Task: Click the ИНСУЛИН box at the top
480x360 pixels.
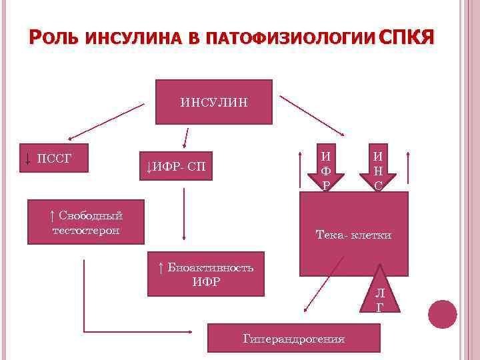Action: (213, 102)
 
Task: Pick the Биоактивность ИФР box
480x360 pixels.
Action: (205, 274)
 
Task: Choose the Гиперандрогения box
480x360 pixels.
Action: (293, 339)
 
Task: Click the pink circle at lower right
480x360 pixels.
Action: (442, 313)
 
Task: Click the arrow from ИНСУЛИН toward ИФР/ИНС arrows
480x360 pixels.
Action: (311, 114)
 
